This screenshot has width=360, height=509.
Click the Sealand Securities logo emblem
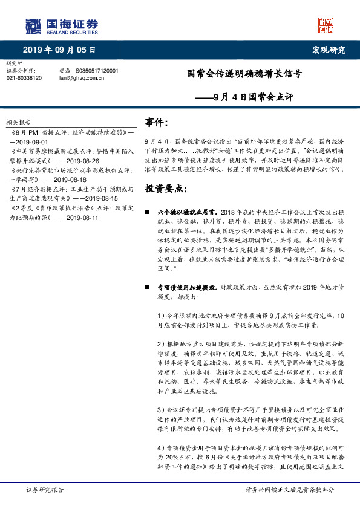coord(33,25)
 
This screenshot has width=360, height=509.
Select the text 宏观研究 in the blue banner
coord(329,50)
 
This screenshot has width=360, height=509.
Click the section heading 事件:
coord(156,123)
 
